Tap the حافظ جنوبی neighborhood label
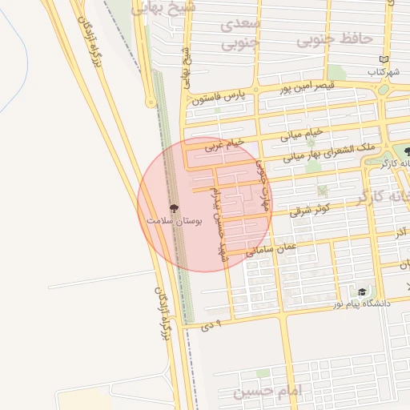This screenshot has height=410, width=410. coord(335,38)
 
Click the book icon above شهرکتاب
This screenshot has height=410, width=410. coord(384,60)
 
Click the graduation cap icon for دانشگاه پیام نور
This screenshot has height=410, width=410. coord(362,292)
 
